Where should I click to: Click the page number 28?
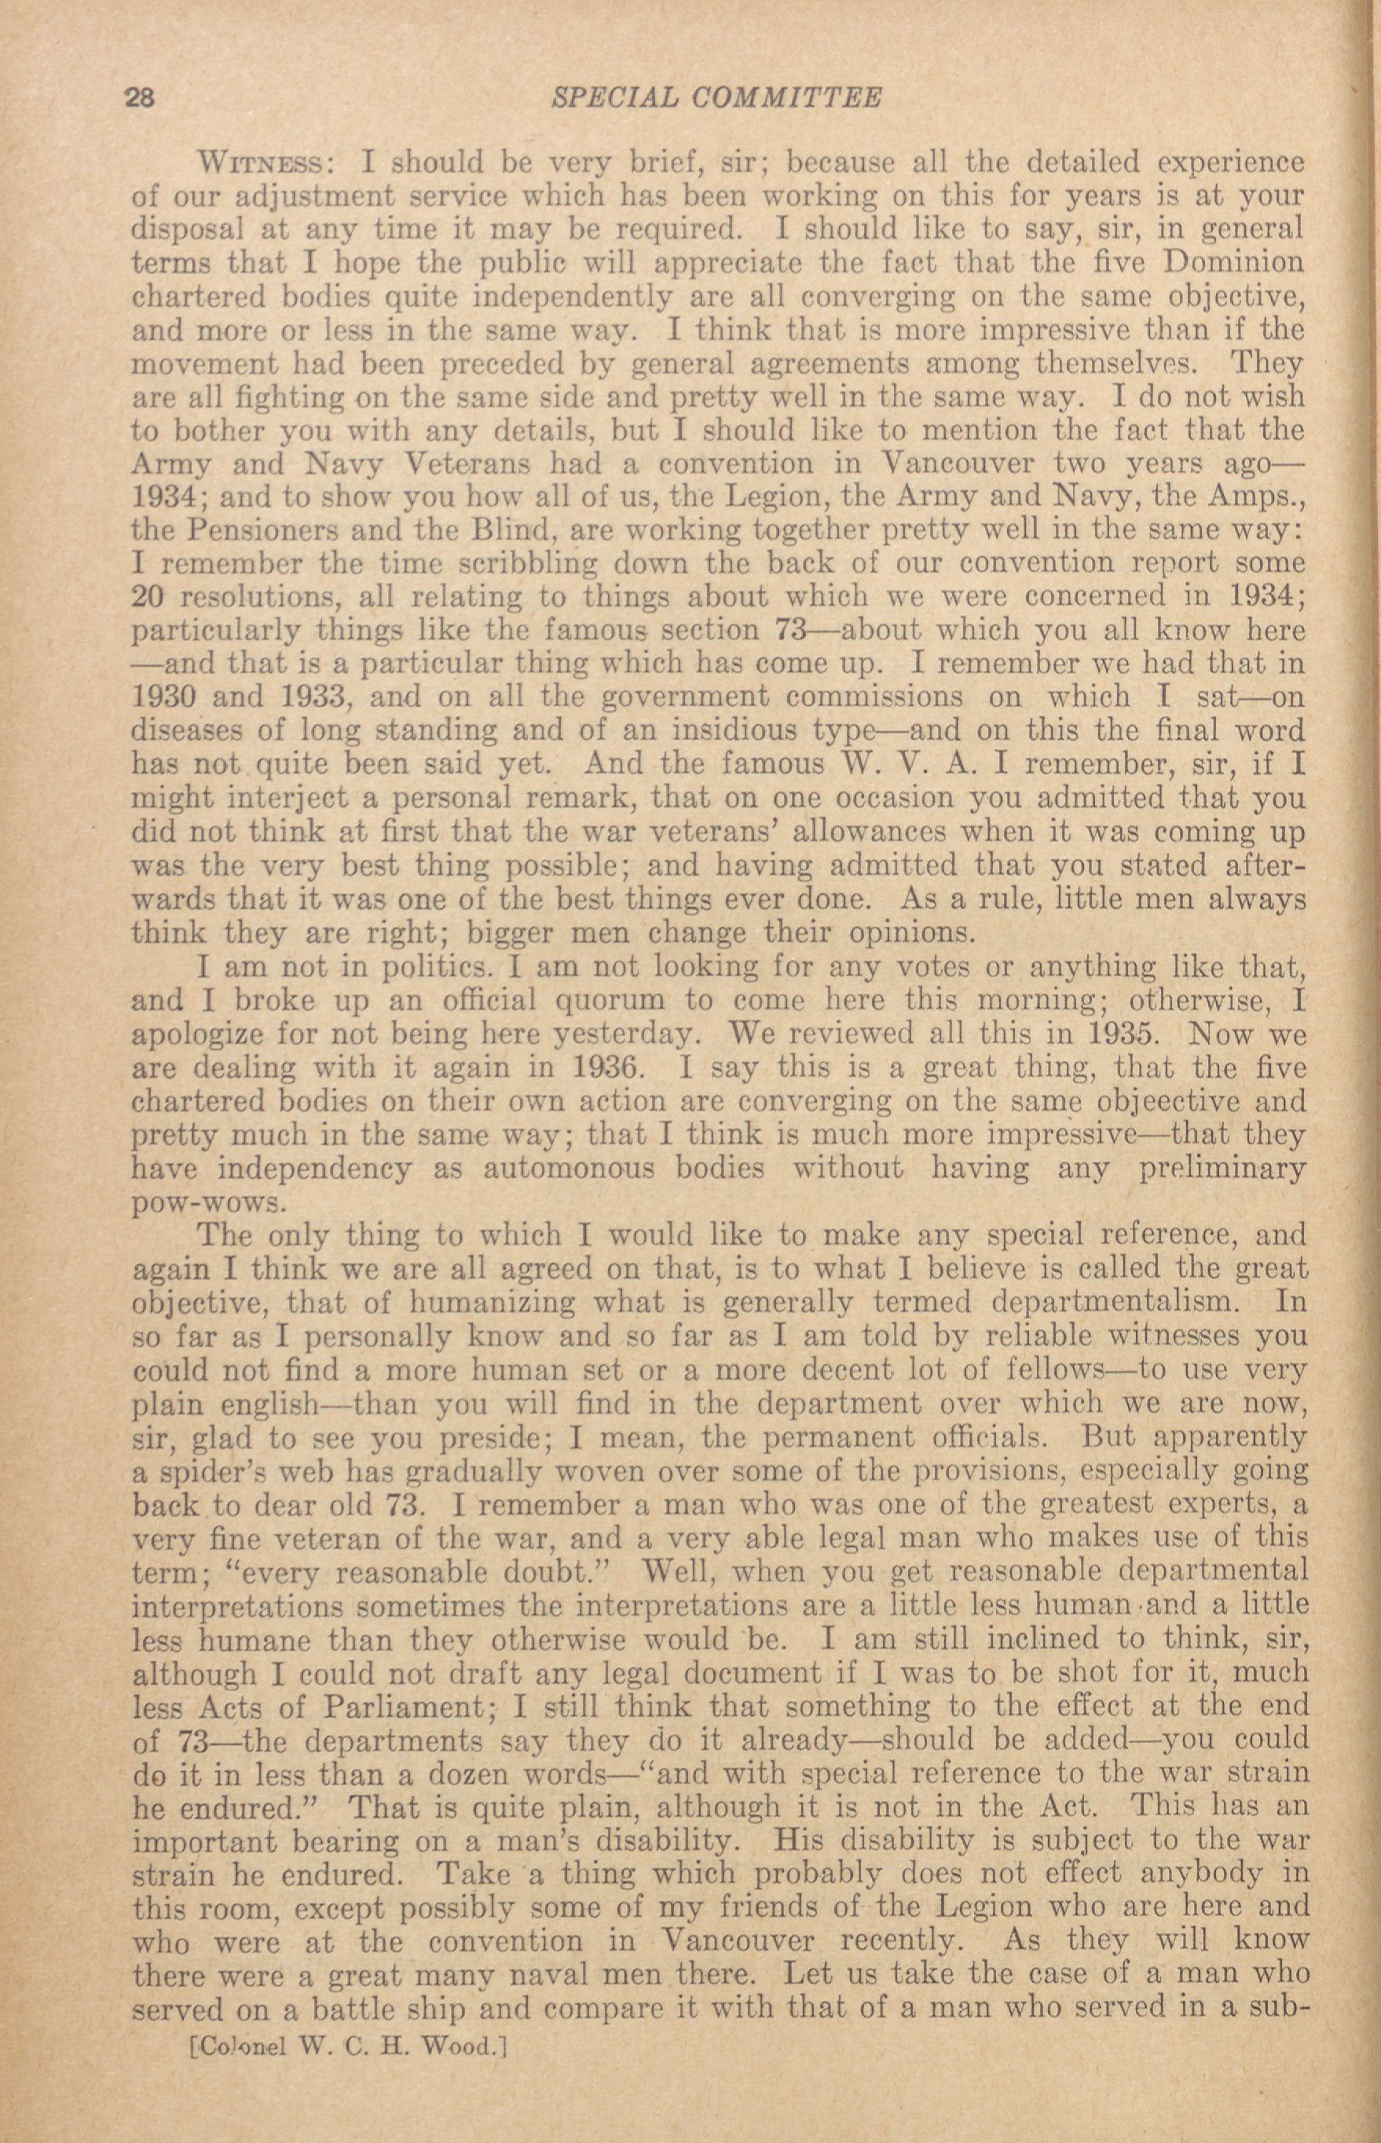(141, 97)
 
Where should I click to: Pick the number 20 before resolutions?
(148, 597)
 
